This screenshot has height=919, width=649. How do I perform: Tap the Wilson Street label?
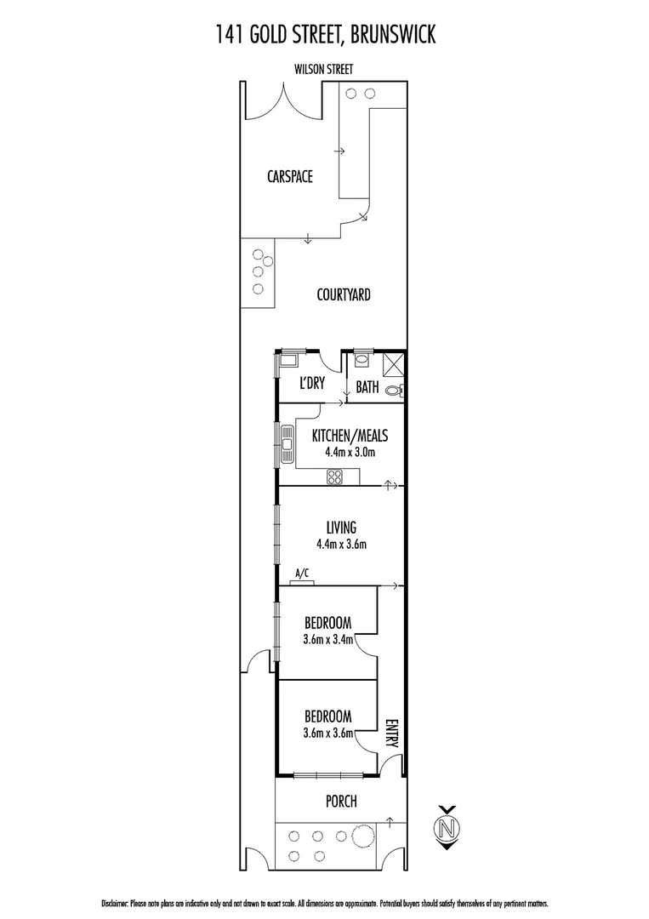(x=323, y=70)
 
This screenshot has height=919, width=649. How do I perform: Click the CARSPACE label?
(x=289, y=177)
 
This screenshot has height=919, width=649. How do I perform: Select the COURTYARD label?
(x=343, y=295)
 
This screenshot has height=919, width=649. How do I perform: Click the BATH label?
(x=367, y=387)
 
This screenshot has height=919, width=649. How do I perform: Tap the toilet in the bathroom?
(x=394, y=391)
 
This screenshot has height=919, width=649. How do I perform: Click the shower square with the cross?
(x=394, y=363)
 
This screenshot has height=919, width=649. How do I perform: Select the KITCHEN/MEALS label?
(x=350, y=436)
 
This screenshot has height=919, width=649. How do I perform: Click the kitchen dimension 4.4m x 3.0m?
(x=350, y=452)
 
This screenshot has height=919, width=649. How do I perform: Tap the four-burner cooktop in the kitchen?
(x=335, y=477)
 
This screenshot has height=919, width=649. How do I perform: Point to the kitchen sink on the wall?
(x=281, y=443)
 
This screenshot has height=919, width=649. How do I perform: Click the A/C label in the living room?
(x=301, y=574)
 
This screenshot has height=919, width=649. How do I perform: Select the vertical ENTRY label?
(x=391, y=733)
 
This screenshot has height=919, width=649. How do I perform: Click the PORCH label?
(x=340, y=802)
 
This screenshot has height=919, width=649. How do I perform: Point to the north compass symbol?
(x=447, y=827)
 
